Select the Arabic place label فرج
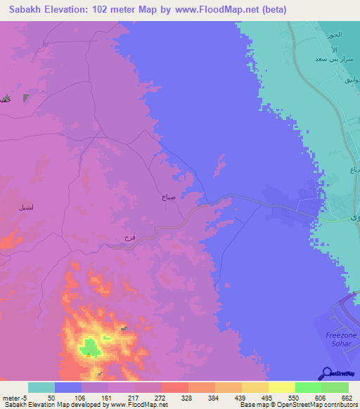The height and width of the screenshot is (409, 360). [129, 238]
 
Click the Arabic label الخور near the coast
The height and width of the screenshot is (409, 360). [334, 34]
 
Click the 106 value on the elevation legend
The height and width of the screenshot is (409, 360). [88, 397]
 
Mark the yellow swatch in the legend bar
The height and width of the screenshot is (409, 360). [281, 387]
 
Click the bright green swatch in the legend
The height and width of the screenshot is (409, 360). [308, 387]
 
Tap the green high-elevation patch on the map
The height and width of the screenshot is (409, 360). [89, 346]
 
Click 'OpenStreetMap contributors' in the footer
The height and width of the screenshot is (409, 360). [319, 405]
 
